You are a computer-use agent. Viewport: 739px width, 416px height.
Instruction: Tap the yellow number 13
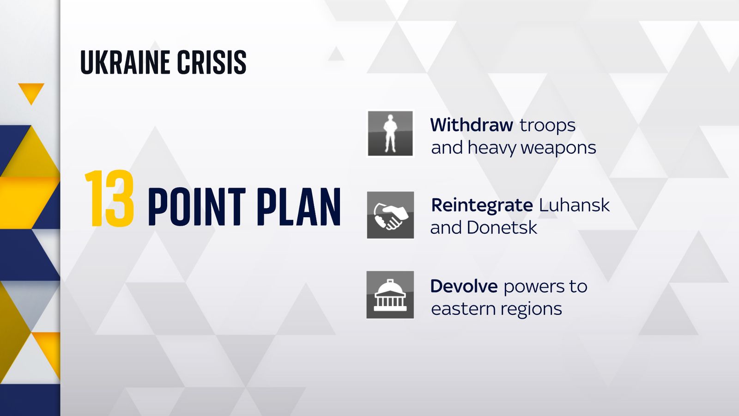110,199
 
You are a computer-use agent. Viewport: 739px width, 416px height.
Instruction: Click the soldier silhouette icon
390,134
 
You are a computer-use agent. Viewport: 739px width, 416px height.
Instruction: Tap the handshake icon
390,215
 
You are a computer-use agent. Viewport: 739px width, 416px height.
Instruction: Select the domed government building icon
390,295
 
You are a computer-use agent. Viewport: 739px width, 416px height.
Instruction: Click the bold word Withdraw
471,125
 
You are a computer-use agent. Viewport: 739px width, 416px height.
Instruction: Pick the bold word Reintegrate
482,205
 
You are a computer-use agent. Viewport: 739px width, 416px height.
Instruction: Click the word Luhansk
574,205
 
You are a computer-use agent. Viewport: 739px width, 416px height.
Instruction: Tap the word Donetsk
502,228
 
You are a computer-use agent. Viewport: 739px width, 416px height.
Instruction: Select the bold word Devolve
464,286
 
